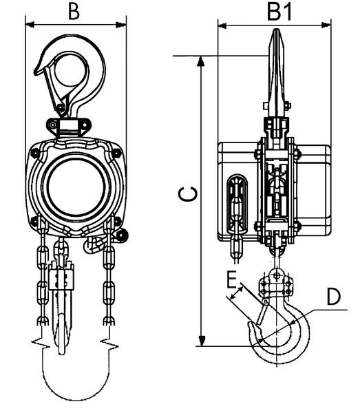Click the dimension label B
pos(74,12)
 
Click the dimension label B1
pos(279,12)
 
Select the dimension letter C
pos(187,194)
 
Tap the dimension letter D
pos(334,297)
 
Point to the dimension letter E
pos(232,280)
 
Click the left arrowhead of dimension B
pos(30,25)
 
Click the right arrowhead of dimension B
pos(121,25)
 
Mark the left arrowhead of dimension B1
pos(222,25)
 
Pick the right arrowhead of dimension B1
pos(326,25)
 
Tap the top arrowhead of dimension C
pos(201,61)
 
